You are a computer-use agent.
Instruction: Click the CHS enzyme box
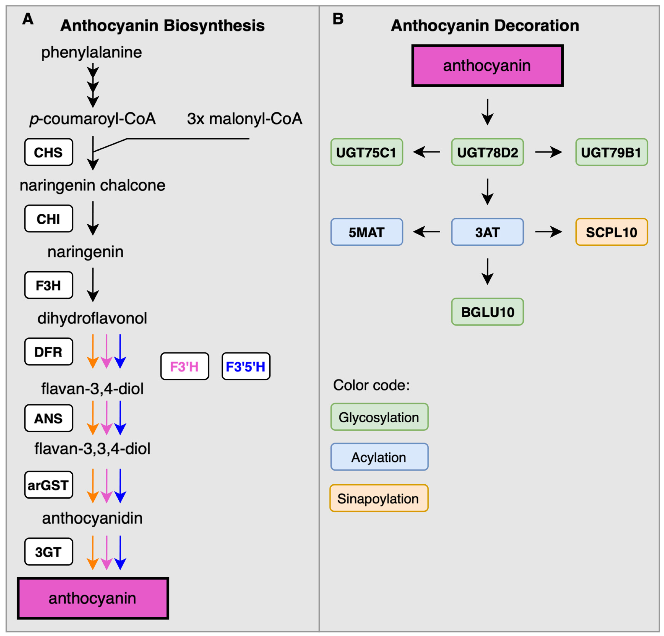[x=49, y=152]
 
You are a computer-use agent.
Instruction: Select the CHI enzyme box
[x=49, y=219]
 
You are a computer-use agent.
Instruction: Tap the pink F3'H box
[x=185, y=366]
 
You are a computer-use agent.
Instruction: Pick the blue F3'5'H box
[x=246, y=366]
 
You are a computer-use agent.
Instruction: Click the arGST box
[x=49, y=485]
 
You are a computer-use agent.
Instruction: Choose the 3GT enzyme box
[x=49, y=552]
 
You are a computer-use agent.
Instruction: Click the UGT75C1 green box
[x=367, y=152]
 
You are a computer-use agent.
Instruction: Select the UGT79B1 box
[x=611, y=152]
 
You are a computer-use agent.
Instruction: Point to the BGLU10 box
[x=487, y=312]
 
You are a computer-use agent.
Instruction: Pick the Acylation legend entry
[x=379, y=457]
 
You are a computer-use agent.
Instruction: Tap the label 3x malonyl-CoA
[x=245, y=119]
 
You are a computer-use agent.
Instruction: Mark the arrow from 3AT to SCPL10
[x=548, y=232]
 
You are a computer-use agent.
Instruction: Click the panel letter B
[x=338, y=19]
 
